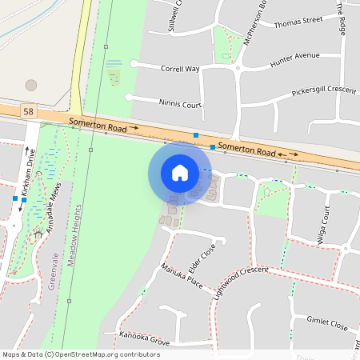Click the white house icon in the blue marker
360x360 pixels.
coord(180,173)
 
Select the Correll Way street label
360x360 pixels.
coord(180,69)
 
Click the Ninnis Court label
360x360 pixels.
coord(180,104)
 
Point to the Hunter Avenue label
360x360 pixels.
coord(294,57)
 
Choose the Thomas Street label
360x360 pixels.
coord(298,21)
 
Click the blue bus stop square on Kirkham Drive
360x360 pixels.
coord(15,198)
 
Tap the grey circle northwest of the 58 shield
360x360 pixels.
coord(31,84)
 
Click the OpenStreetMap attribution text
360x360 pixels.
coord(80,354)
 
